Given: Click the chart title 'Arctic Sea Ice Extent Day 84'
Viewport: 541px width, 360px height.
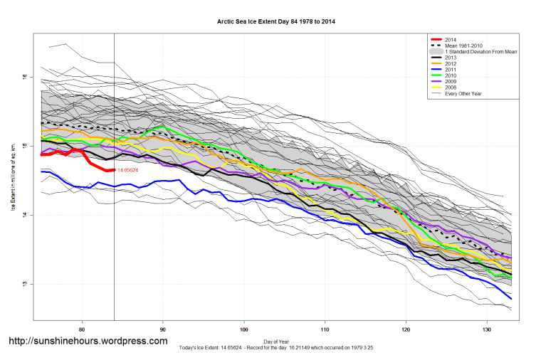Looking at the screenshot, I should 276,22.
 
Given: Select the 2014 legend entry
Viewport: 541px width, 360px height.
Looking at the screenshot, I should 449,39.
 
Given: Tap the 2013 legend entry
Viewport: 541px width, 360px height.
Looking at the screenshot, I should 449,58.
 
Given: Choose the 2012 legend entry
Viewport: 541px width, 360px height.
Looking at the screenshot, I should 449,65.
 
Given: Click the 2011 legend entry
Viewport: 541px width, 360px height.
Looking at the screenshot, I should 449,70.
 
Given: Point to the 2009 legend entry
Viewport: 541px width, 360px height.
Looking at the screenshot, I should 449,83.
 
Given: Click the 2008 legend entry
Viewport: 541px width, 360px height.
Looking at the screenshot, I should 449,88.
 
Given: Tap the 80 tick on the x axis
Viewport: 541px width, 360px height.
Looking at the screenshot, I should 83,329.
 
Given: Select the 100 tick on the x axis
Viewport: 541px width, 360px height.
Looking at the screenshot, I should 244,329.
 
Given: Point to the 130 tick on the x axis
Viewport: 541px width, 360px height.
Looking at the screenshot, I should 486,329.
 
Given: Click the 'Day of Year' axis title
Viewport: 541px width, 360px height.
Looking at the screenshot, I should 276,341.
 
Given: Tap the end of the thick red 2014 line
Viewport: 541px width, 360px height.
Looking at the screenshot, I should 113,170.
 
